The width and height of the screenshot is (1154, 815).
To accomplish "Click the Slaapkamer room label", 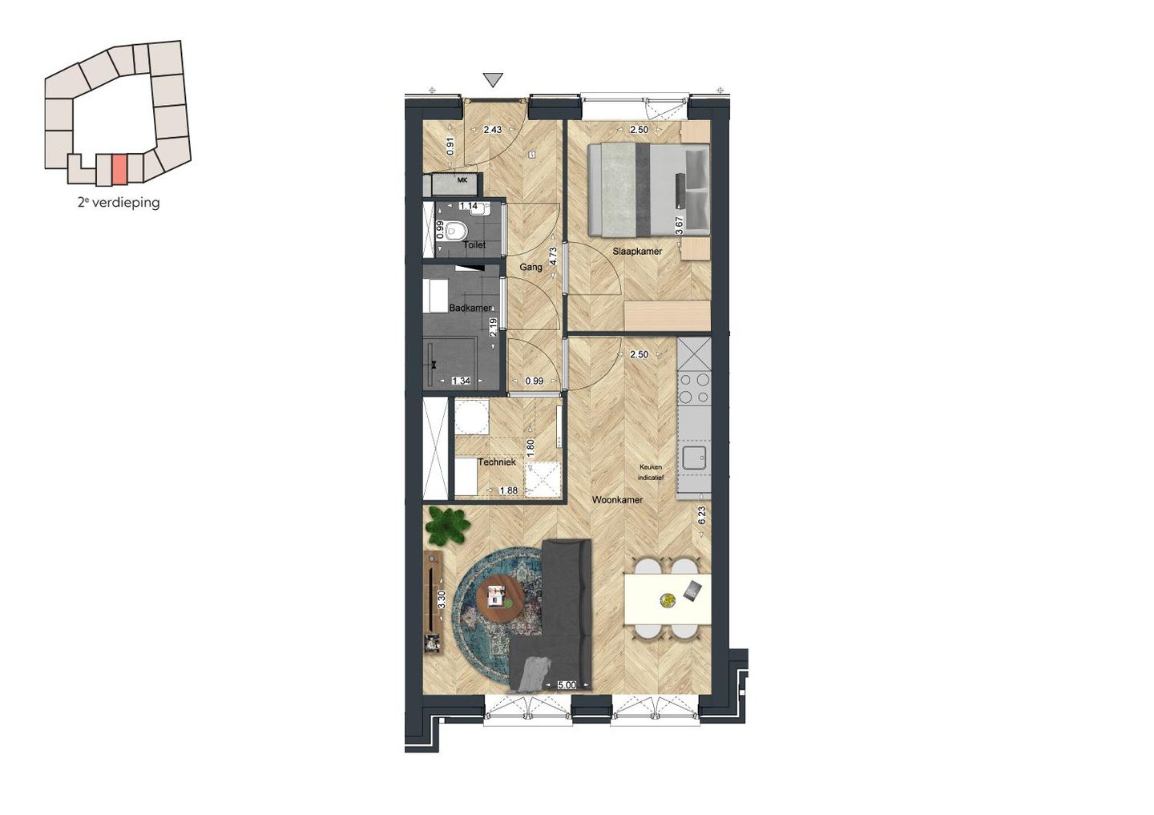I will click(637, 251).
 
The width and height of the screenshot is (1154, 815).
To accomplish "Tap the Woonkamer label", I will click(617, 500).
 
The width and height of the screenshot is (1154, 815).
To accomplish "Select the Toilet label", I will click(474, 244).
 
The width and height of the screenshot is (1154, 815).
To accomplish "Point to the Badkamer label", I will click(470, 308).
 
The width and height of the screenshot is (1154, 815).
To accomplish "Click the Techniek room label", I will click(496, 462).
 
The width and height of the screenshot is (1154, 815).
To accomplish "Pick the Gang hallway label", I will click(531, 267).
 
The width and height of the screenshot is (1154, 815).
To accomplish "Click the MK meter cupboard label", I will click(462, 180).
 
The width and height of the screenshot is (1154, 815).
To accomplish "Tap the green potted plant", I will click(447, 526).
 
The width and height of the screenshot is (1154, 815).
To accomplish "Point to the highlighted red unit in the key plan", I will click(119, 168).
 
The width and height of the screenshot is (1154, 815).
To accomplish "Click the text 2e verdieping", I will click(119, 203).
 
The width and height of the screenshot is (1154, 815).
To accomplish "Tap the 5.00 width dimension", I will click(566, 685).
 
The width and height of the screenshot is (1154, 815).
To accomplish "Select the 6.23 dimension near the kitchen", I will click(702, 515).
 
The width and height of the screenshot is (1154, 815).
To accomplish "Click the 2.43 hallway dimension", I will click(492, 130).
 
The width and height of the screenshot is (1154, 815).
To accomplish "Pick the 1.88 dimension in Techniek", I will click(508, 491).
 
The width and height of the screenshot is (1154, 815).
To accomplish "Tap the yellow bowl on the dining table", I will click(667, 599).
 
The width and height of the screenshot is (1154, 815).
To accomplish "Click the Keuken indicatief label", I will click(651, 471).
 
